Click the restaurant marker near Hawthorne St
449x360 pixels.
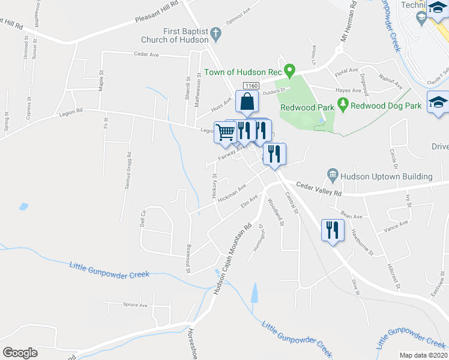331,229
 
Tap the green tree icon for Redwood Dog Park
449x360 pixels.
343,105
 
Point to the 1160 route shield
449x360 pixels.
251,86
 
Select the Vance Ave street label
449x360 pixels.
396,226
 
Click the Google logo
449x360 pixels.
20,352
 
